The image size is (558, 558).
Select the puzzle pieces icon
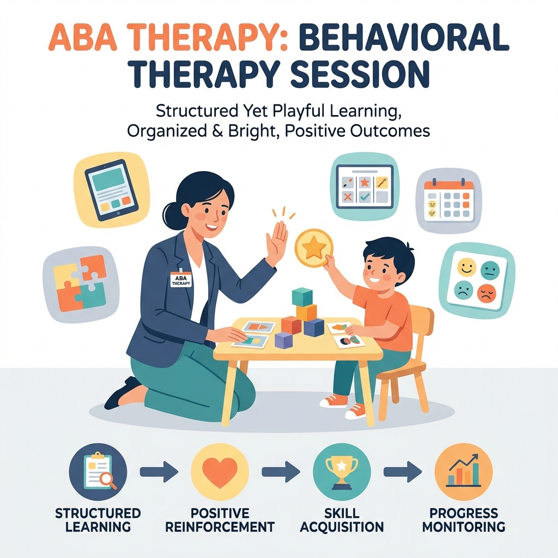click(78, 282)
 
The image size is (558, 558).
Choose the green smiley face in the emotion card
click(491, 270)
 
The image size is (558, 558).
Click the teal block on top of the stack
click(302, 297)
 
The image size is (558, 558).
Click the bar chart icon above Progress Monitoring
click(464, 471)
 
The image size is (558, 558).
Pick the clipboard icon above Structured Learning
click(99, 469)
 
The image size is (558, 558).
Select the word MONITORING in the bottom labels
click(463, 527)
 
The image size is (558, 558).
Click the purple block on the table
click(284, 340)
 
